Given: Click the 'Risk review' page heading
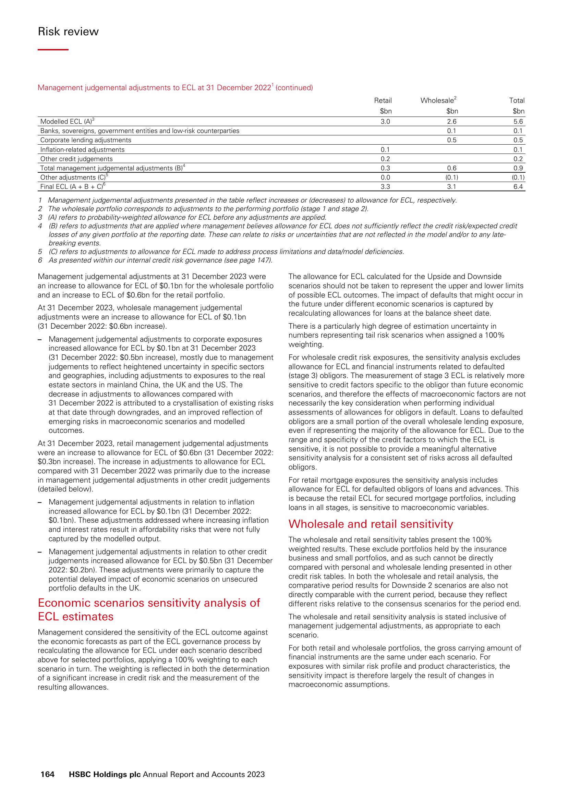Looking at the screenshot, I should pos(68,32).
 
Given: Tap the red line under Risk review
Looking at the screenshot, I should pos(53,50).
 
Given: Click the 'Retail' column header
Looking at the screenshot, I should pos(383,100).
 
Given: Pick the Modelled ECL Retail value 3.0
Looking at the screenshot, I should pos(385,122).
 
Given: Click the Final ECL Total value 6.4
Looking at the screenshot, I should pos(518,187).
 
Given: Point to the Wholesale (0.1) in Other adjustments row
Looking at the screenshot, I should pos(452,177).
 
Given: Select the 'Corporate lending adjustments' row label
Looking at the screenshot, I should pos(86,140).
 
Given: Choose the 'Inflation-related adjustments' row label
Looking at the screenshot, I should pos(82,150).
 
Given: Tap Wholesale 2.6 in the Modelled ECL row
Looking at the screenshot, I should pos(452,122).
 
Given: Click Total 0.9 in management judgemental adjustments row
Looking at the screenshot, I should pos(518,168).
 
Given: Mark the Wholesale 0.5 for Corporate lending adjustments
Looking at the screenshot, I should pos(452,140).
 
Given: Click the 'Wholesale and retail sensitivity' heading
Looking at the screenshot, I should pos(370,524).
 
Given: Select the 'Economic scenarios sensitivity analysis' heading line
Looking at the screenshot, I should pos(149,603).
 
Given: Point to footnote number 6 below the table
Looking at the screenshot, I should pos(40,260).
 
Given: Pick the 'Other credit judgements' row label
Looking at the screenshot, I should pos(76,159).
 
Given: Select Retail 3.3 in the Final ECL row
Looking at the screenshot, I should pos(385,187).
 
